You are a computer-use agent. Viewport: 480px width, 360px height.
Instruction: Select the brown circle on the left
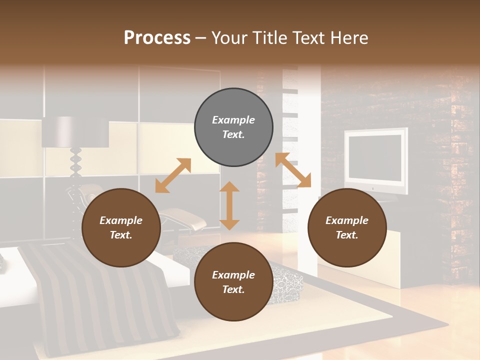(121, 227)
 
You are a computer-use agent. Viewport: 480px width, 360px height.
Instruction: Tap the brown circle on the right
(347, 227)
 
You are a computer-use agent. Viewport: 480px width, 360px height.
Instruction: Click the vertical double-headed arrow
(229, 205)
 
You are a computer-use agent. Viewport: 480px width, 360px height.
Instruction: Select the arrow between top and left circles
(173, 175)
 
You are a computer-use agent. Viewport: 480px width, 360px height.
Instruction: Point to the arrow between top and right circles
(293, 170)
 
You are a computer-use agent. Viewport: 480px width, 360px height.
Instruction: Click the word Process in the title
(157, 38)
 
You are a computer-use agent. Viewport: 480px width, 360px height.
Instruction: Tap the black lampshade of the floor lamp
(75, 132)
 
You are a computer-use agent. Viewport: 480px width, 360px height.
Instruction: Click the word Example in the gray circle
(233, 120)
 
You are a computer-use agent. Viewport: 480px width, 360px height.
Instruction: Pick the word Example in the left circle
(121, 220)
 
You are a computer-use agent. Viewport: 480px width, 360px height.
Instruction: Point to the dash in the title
(201, 38)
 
